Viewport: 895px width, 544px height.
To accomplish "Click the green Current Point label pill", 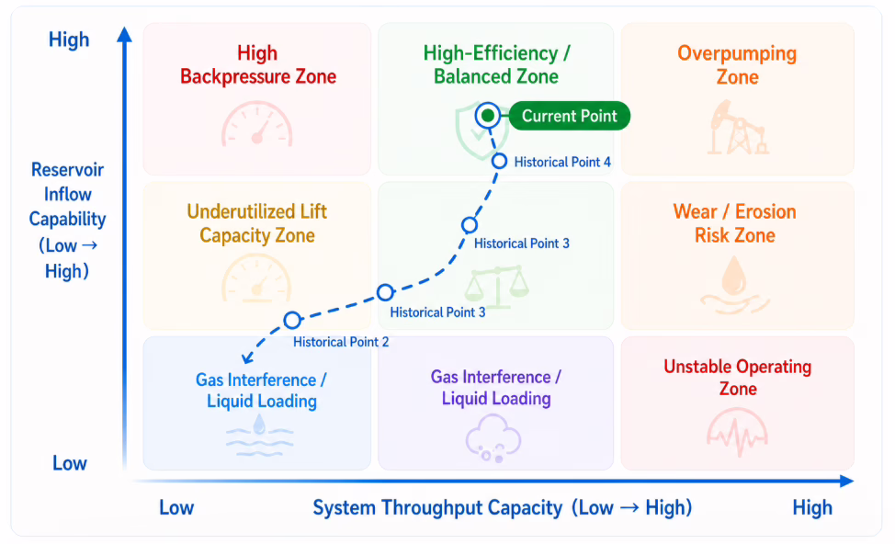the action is (569, 116).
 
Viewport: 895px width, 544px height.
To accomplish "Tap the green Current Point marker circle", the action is (487, 116).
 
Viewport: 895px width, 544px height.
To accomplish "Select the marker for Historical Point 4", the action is (500, 162).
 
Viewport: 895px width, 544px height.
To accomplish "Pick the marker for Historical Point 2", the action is (292, 320).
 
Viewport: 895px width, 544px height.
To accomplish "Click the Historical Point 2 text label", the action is (341, 342).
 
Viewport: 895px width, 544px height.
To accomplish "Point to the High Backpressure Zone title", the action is (258, 64).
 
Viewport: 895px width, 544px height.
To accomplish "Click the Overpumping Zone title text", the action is (737, 64).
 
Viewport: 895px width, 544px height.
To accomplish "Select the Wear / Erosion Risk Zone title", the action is (734, 223).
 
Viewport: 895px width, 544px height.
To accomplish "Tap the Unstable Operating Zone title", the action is (738, 378).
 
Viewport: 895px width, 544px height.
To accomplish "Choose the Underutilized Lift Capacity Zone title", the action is (257, 223).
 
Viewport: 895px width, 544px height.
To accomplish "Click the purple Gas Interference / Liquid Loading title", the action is (496, 388).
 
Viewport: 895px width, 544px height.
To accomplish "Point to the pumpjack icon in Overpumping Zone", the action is (738, 128).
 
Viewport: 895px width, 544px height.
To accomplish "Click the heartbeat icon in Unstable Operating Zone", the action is (737, 432).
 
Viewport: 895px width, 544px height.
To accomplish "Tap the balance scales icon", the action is (496, 287).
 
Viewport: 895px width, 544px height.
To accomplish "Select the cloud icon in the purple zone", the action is (493, 438).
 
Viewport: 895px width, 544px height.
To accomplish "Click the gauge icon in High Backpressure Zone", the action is (257, 124).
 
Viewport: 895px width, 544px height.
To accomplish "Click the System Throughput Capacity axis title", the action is (503, 507).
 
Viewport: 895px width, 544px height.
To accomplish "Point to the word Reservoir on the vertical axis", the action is (67, 169).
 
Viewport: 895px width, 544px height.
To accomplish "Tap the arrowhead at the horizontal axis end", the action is (847, 482).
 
